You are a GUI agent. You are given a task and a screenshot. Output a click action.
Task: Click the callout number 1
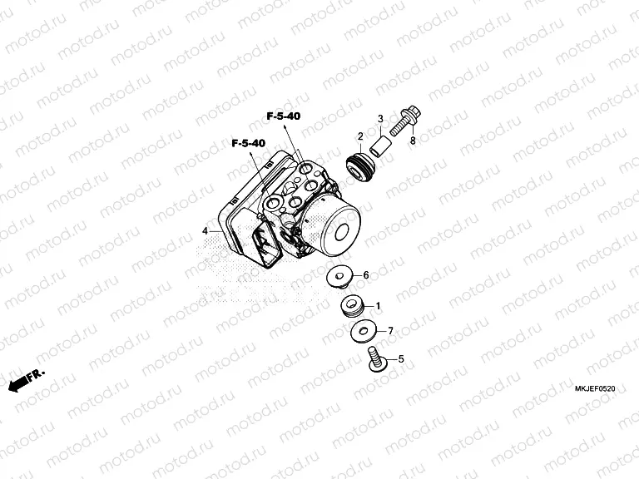point(378,306)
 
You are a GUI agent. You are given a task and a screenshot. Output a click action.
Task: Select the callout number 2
point(360,136)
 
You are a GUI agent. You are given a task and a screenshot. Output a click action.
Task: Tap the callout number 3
point(380,119)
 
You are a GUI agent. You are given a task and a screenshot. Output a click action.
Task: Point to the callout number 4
point(205,231)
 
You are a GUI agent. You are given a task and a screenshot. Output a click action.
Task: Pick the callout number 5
point(401,359)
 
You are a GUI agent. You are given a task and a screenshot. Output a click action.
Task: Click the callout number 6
point(366,275)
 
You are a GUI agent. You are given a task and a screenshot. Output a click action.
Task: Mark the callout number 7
point(390,331)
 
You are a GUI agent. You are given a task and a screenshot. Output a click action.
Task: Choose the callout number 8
point(413,141)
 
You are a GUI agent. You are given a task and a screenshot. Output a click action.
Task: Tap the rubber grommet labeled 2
point(360,167)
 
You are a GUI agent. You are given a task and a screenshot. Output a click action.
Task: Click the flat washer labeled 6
point(339,277)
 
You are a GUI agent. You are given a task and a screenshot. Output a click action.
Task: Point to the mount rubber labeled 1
point(352,306)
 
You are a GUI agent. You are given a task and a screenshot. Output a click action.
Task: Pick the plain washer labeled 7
point(363,331)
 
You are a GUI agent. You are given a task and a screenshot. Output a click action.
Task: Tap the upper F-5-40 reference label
point(284,116)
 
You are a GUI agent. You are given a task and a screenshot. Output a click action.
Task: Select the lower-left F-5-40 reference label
point(249,143)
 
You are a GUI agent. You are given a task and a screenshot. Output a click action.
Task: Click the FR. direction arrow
point(26,380)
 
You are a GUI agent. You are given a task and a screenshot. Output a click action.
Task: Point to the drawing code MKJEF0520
point(595,389)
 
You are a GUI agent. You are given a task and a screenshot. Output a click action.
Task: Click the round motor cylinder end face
point(341,231)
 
